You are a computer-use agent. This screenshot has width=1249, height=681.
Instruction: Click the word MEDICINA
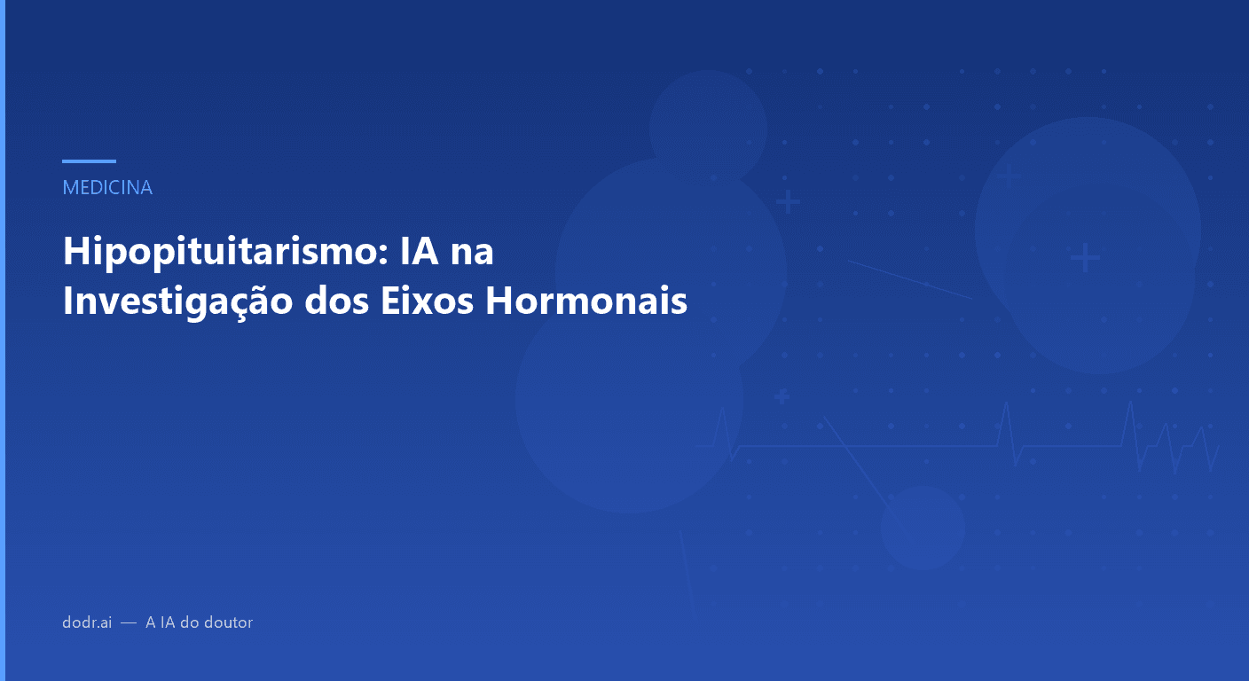click(107, 188)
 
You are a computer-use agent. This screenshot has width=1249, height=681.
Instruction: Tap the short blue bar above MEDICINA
click(89, 161)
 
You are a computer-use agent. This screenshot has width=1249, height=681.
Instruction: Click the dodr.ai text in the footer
click(87, 622)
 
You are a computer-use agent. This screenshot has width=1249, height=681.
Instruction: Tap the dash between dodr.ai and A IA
click(129, 623)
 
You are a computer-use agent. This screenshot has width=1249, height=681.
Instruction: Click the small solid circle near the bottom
click(923, 528)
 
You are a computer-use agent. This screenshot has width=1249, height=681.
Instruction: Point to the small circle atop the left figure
click(708, 129)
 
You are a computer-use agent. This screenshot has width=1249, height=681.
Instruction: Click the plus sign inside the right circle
click(1084, 259)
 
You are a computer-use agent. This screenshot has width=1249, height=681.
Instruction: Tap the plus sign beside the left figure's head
click(787, 203)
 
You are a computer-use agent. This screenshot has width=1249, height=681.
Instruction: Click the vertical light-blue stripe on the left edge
click(3, 340)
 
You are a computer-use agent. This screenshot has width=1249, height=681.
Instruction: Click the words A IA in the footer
click(161, 622)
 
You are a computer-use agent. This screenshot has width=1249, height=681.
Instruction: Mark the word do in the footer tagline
click(192, 622)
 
